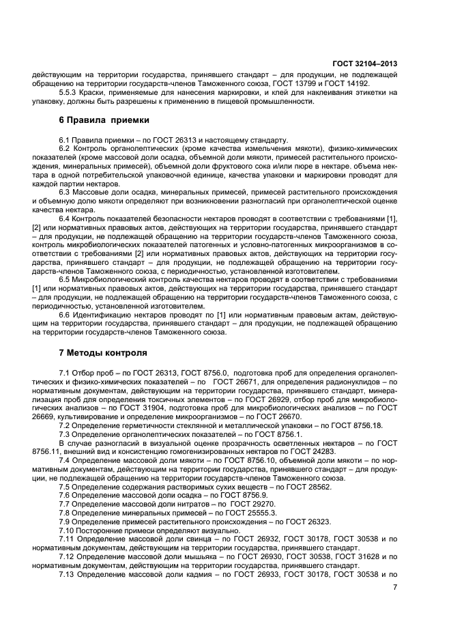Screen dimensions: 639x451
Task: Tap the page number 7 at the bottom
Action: [394, 586]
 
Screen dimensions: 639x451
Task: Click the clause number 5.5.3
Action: [68, 92]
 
